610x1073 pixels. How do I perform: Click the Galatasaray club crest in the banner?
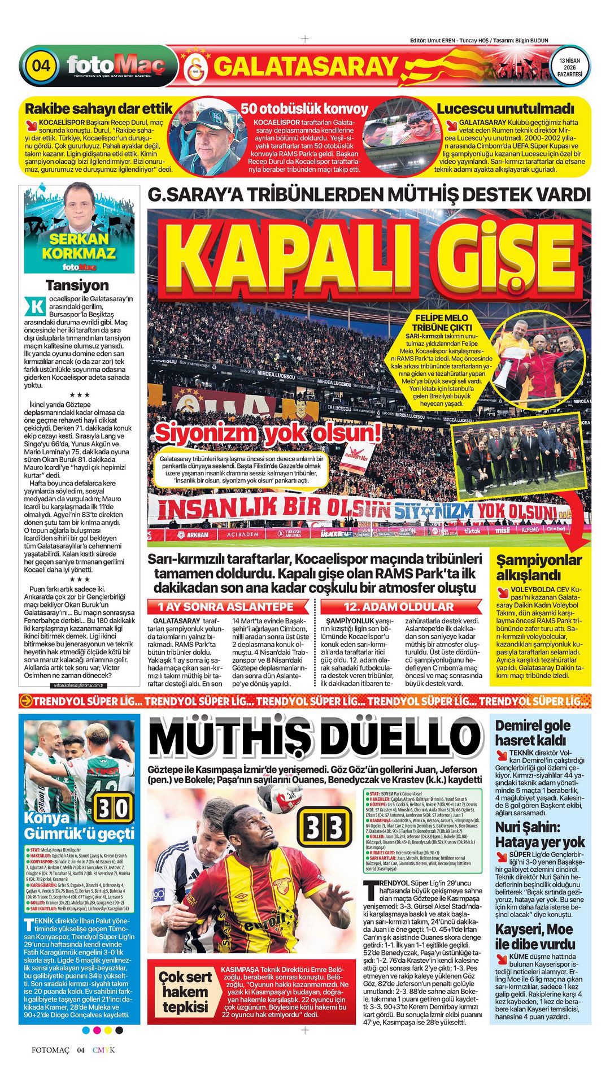(x=197, y=67)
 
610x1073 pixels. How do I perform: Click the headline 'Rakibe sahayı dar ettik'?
(x=98, y=108)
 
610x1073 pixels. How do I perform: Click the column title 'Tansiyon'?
(x=77, y=285)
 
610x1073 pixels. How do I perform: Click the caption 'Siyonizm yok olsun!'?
(x=268, y=434)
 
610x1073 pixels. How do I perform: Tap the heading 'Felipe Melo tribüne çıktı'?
(x=441, y=323)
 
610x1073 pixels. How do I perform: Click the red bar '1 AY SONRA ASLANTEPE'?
(x=226, y=607)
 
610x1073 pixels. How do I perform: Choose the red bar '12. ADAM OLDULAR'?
(x=399, y=607)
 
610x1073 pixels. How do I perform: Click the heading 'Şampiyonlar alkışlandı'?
(x=538, y=567)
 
